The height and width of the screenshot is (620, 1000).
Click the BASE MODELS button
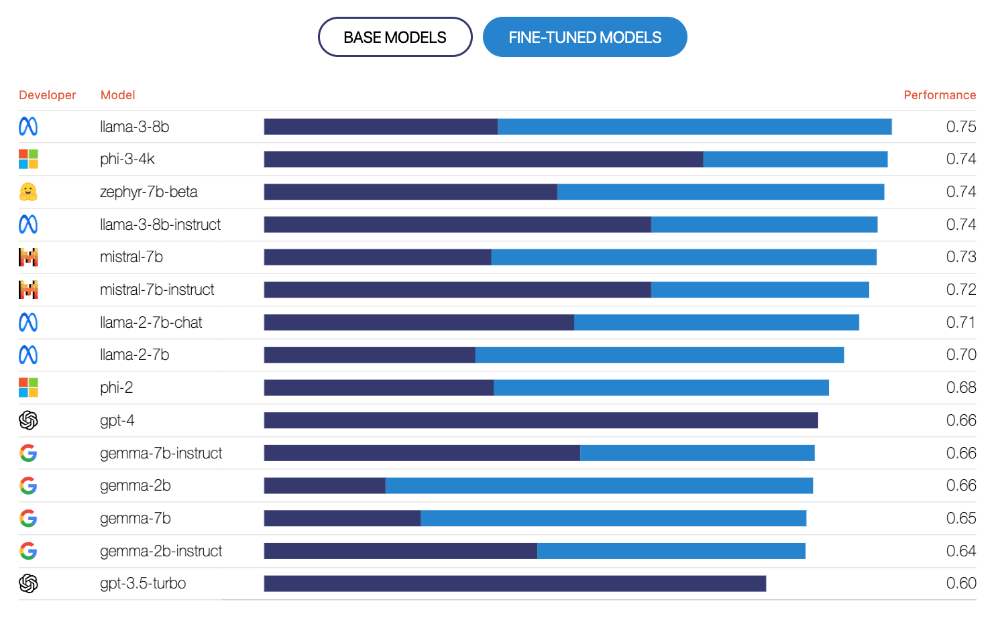(x=394, y=38)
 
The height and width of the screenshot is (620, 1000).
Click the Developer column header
(x=47, y=95)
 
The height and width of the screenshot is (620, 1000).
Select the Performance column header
(x=939, y=95)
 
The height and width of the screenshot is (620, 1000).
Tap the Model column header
(x=117, y=95)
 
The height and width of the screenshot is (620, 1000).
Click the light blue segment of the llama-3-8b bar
(x=694, y=127)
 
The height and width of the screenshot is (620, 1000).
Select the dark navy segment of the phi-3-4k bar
(x=483, y=160)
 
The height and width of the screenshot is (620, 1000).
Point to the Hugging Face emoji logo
(x=28, y=192)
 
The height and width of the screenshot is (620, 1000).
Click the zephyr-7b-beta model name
(x=148, y=192)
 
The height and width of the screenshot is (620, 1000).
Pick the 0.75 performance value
(x=960, y=127)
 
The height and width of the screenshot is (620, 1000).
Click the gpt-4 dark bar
(x=541, y=420)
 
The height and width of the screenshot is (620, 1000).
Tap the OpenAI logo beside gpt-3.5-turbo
(x=28, y=584)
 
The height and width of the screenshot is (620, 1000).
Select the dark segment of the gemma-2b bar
(x=325, y=486)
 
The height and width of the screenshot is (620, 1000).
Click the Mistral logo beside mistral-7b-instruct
(x=28, y=290)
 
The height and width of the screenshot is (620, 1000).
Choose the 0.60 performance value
(x=960, y=584)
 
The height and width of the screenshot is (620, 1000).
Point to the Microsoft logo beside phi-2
(x=28, y=387)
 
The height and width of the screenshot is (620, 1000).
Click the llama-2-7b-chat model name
(x=151, y=323)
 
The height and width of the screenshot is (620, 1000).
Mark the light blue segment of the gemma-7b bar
(x=613, y=518)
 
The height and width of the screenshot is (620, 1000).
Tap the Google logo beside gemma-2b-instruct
(x=28, y=551)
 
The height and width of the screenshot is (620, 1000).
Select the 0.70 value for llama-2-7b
(x=960, y=355)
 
